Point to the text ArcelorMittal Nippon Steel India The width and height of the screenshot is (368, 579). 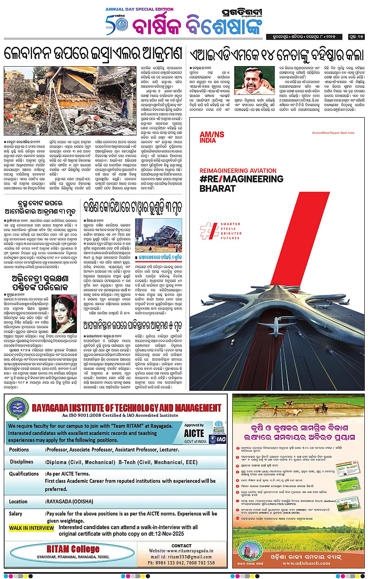pos(333,133)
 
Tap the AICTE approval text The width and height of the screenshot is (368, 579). pos(194,432)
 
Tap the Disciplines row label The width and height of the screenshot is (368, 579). pos(22,461)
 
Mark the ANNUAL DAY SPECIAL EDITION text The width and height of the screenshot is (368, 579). pos(137,9)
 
